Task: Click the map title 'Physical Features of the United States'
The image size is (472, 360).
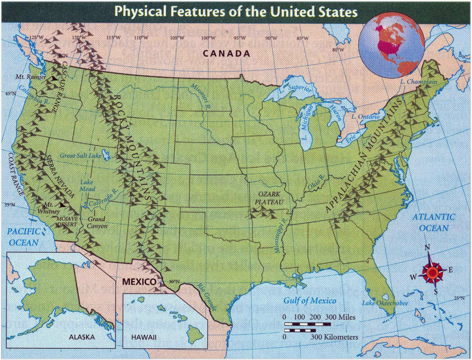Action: [x=236, y=11]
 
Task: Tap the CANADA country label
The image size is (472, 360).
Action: [x=227, y=54]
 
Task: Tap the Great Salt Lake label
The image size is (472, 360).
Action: [x=81, y=156]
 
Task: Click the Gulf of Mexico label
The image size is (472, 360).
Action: [x=310, y=301]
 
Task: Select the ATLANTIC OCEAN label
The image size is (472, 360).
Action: [x=433, y=222]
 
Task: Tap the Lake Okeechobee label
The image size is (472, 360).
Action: [x=385, y=303]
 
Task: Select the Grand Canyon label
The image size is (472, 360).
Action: [x=97, y=223]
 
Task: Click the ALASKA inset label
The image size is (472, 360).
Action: [x=82, y=337]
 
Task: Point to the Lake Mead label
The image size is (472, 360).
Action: [x=87, y=186]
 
